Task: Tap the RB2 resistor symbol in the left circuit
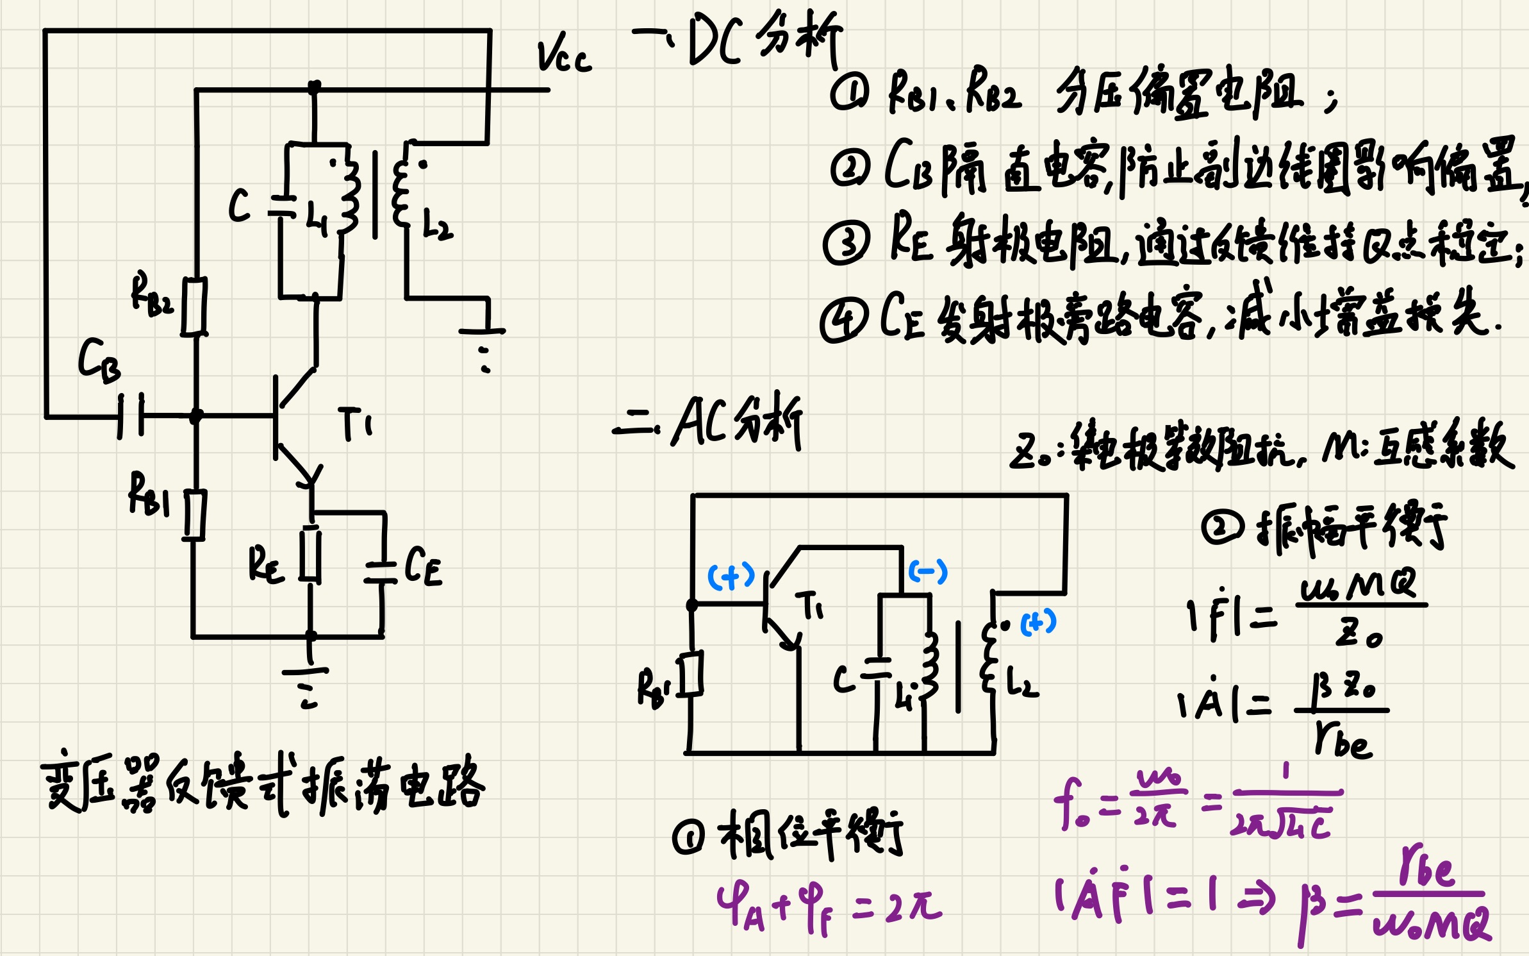(194, 306)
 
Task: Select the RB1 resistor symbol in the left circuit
(194, 515)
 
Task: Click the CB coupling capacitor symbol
(131, 416)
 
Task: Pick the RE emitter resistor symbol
(311, 554)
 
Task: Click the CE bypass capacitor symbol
(382, 573)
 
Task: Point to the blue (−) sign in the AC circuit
(927, 571)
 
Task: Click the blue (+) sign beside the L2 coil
(1038, 622)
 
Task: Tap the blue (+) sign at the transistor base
(731, 576)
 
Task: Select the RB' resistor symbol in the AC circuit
(691, 674)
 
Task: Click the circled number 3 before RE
(847, 243)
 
